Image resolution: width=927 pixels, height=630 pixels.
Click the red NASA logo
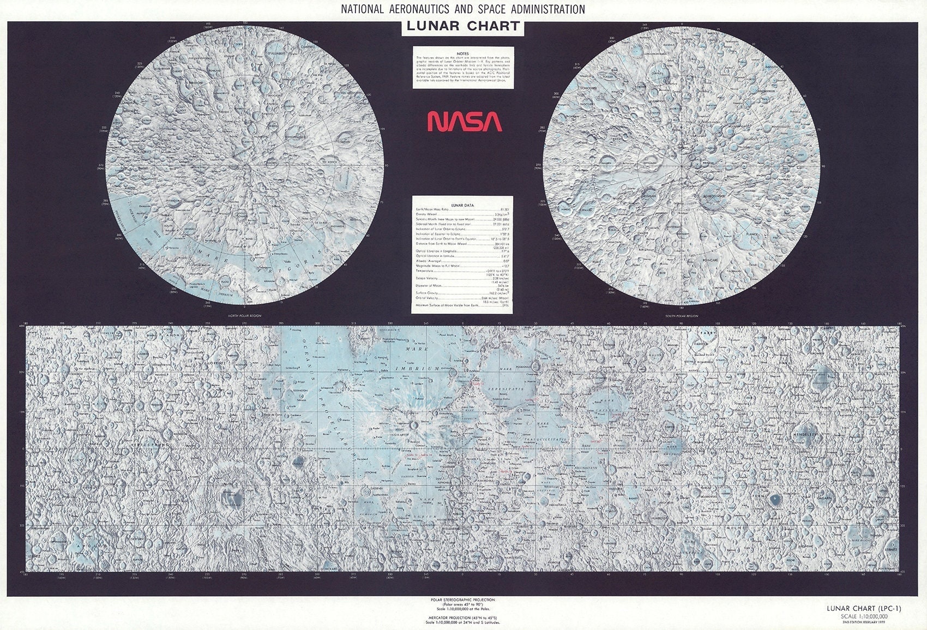pyautogui.click(x=464, y=121)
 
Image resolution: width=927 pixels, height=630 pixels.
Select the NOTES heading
pyautogui.click(x=463, y=53)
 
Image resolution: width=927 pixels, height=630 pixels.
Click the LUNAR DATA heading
pyautogui.click(x=463, y=206)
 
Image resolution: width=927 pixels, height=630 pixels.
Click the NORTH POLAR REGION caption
pyautogui.click(x=244, y=316)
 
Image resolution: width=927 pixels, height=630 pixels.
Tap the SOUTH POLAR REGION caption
pyautogui.click(x=682, y=316)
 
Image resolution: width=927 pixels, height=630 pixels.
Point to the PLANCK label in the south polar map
pyautogui.click(x=752, y=234)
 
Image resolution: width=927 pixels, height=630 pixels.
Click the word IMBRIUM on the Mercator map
pyautogui.click(x=424, y=369)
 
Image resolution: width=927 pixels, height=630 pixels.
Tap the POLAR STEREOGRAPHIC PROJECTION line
pyautogui.click(x=463, y=599)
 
